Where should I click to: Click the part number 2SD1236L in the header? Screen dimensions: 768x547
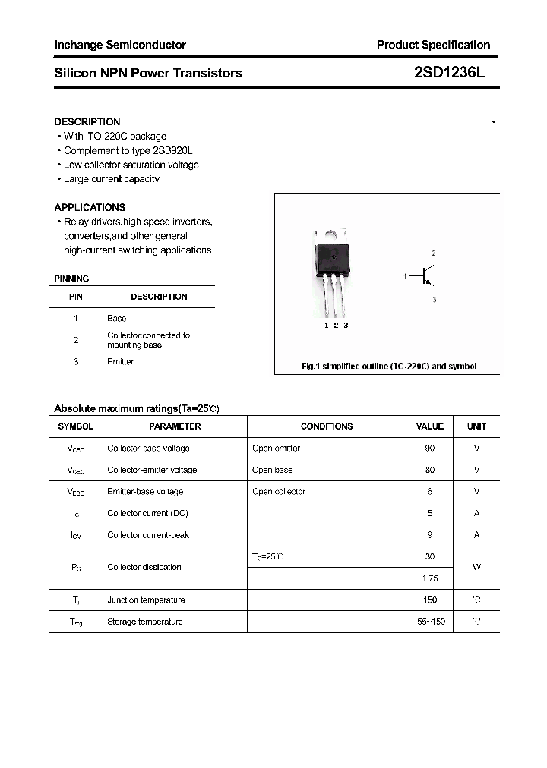tap(449, 73)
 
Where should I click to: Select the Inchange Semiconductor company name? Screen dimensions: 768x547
tap(120, 45)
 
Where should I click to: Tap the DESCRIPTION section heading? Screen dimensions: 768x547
tap(87, 121)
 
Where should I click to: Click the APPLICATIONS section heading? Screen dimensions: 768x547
tap(90, 207)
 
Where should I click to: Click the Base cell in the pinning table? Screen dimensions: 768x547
tap(117, 318)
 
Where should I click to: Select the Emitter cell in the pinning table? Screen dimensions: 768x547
tap(120, 361)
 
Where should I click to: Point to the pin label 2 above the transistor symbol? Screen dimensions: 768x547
tap(433, 253)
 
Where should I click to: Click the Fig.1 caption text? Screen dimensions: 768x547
tap(389, 366)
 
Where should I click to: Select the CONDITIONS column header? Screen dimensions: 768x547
tap(327, 426)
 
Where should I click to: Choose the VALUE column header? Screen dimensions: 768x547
tap(430, 426)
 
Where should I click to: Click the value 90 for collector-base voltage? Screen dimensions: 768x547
tap(430, 449)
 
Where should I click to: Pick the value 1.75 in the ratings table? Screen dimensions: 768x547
tap(429, 578)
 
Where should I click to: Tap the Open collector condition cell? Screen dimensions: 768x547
tap(279, 492)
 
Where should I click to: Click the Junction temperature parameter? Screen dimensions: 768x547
tap(146, 600)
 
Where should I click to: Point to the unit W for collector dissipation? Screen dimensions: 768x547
tap(476, 567)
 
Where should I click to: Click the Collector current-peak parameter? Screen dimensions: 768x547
tap(148, 535)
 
